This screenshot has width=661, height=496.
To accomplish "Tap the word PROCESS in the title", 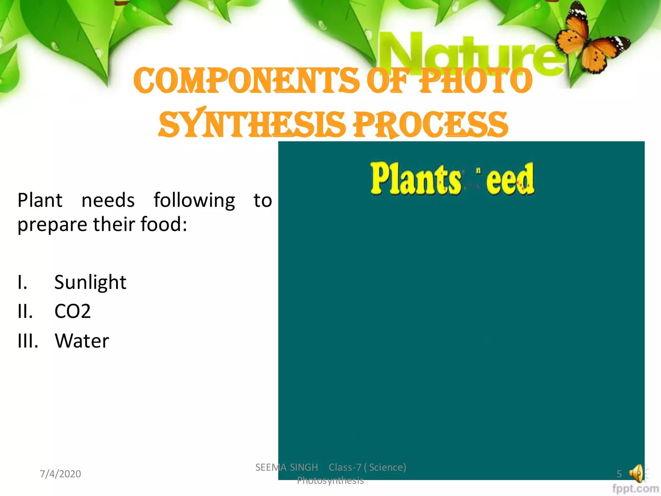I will pos(431,125).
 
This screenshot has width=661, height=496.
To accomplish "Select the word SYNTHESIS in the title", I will pos(252,125).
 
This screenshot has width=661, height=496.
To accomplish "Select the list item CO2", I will pos(72,312).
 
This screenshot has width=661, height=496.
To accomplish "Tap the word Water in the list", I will pos(82,341).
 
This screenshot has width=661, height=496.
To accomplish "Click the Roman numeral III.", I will pos(28,341).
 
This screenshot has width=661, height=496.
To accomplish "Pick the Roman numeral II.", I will pos(25,312).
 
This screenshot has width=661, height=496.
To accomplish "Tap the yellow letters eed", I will pos(510,180).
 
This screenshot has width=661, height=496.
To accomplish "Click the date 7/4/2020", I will pos(60,474).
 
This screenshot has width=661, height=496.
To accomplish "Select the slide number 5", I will pos(619,474).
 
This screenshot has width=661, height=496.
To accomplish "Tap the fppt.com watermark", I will pos(635,489).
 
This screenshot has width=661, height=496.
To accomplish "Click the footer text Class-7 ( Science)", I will pos(367,467).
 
